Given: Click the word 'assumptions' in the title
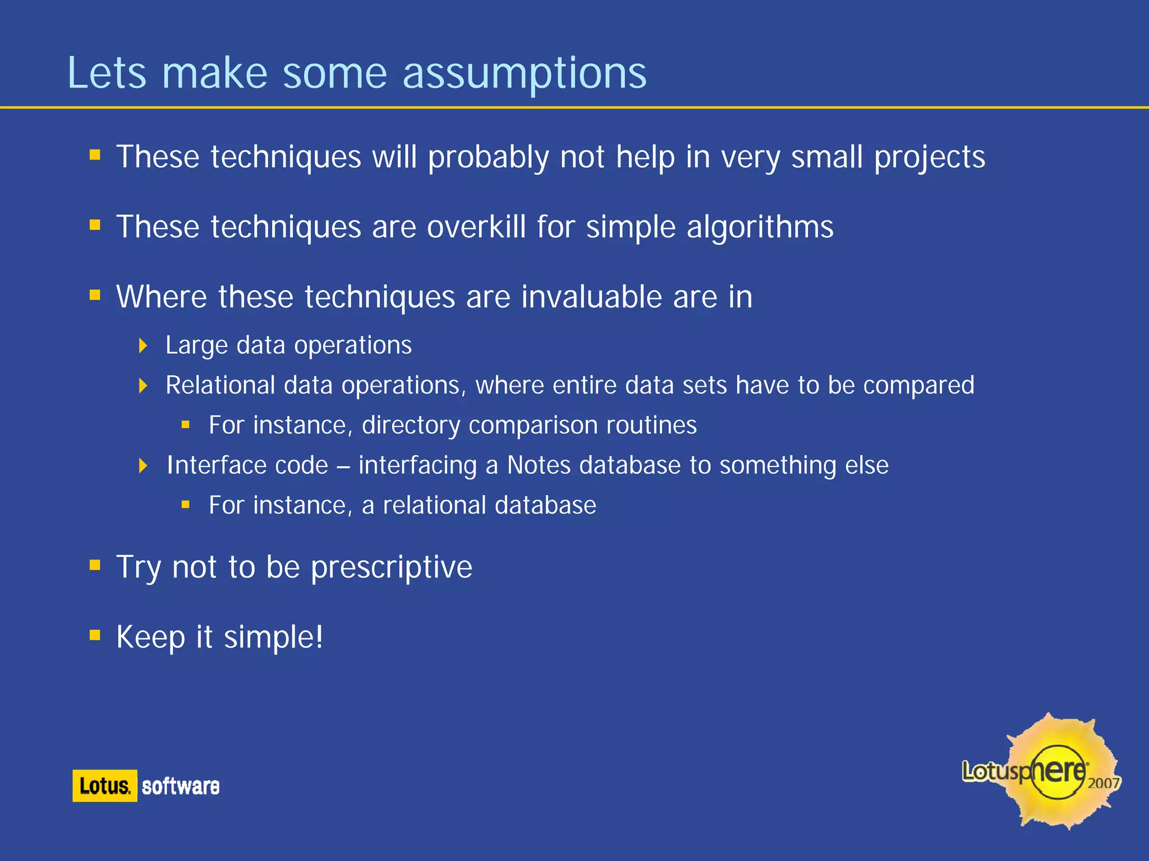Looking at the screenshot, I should tap(525, 74).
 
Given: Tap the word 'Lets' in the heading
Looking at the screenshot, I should tap(107, 73).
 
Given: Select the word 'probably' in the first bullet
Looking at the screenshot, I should tap(488, 158).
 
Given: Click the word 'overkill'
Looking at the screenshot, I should tap(476, 227).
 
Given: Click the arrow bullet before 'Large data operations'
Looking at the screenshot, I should tap(143, 345).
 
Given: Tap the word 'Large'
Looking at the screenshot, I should tap(196, 346).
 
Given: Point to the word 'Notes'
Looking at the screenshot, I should tap(539, 465).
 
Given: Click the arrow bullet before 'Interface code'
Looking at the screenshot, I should tap(143, 465).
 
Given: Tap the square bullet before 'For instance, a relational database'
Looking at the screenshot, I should tap(186, 505).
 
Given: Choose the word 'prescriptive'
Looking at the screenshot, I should tap(392, 567).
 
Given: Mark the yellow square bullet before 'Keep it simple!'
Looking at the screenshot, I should tap(95, 635).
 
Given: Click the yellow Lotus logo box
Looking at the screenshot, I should tap(105, 785).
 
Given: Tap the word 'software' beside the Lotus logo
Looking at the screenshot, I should tap(180, 786).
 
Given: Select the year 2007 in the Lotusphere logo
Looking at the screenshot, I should tap(1103, 784).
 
